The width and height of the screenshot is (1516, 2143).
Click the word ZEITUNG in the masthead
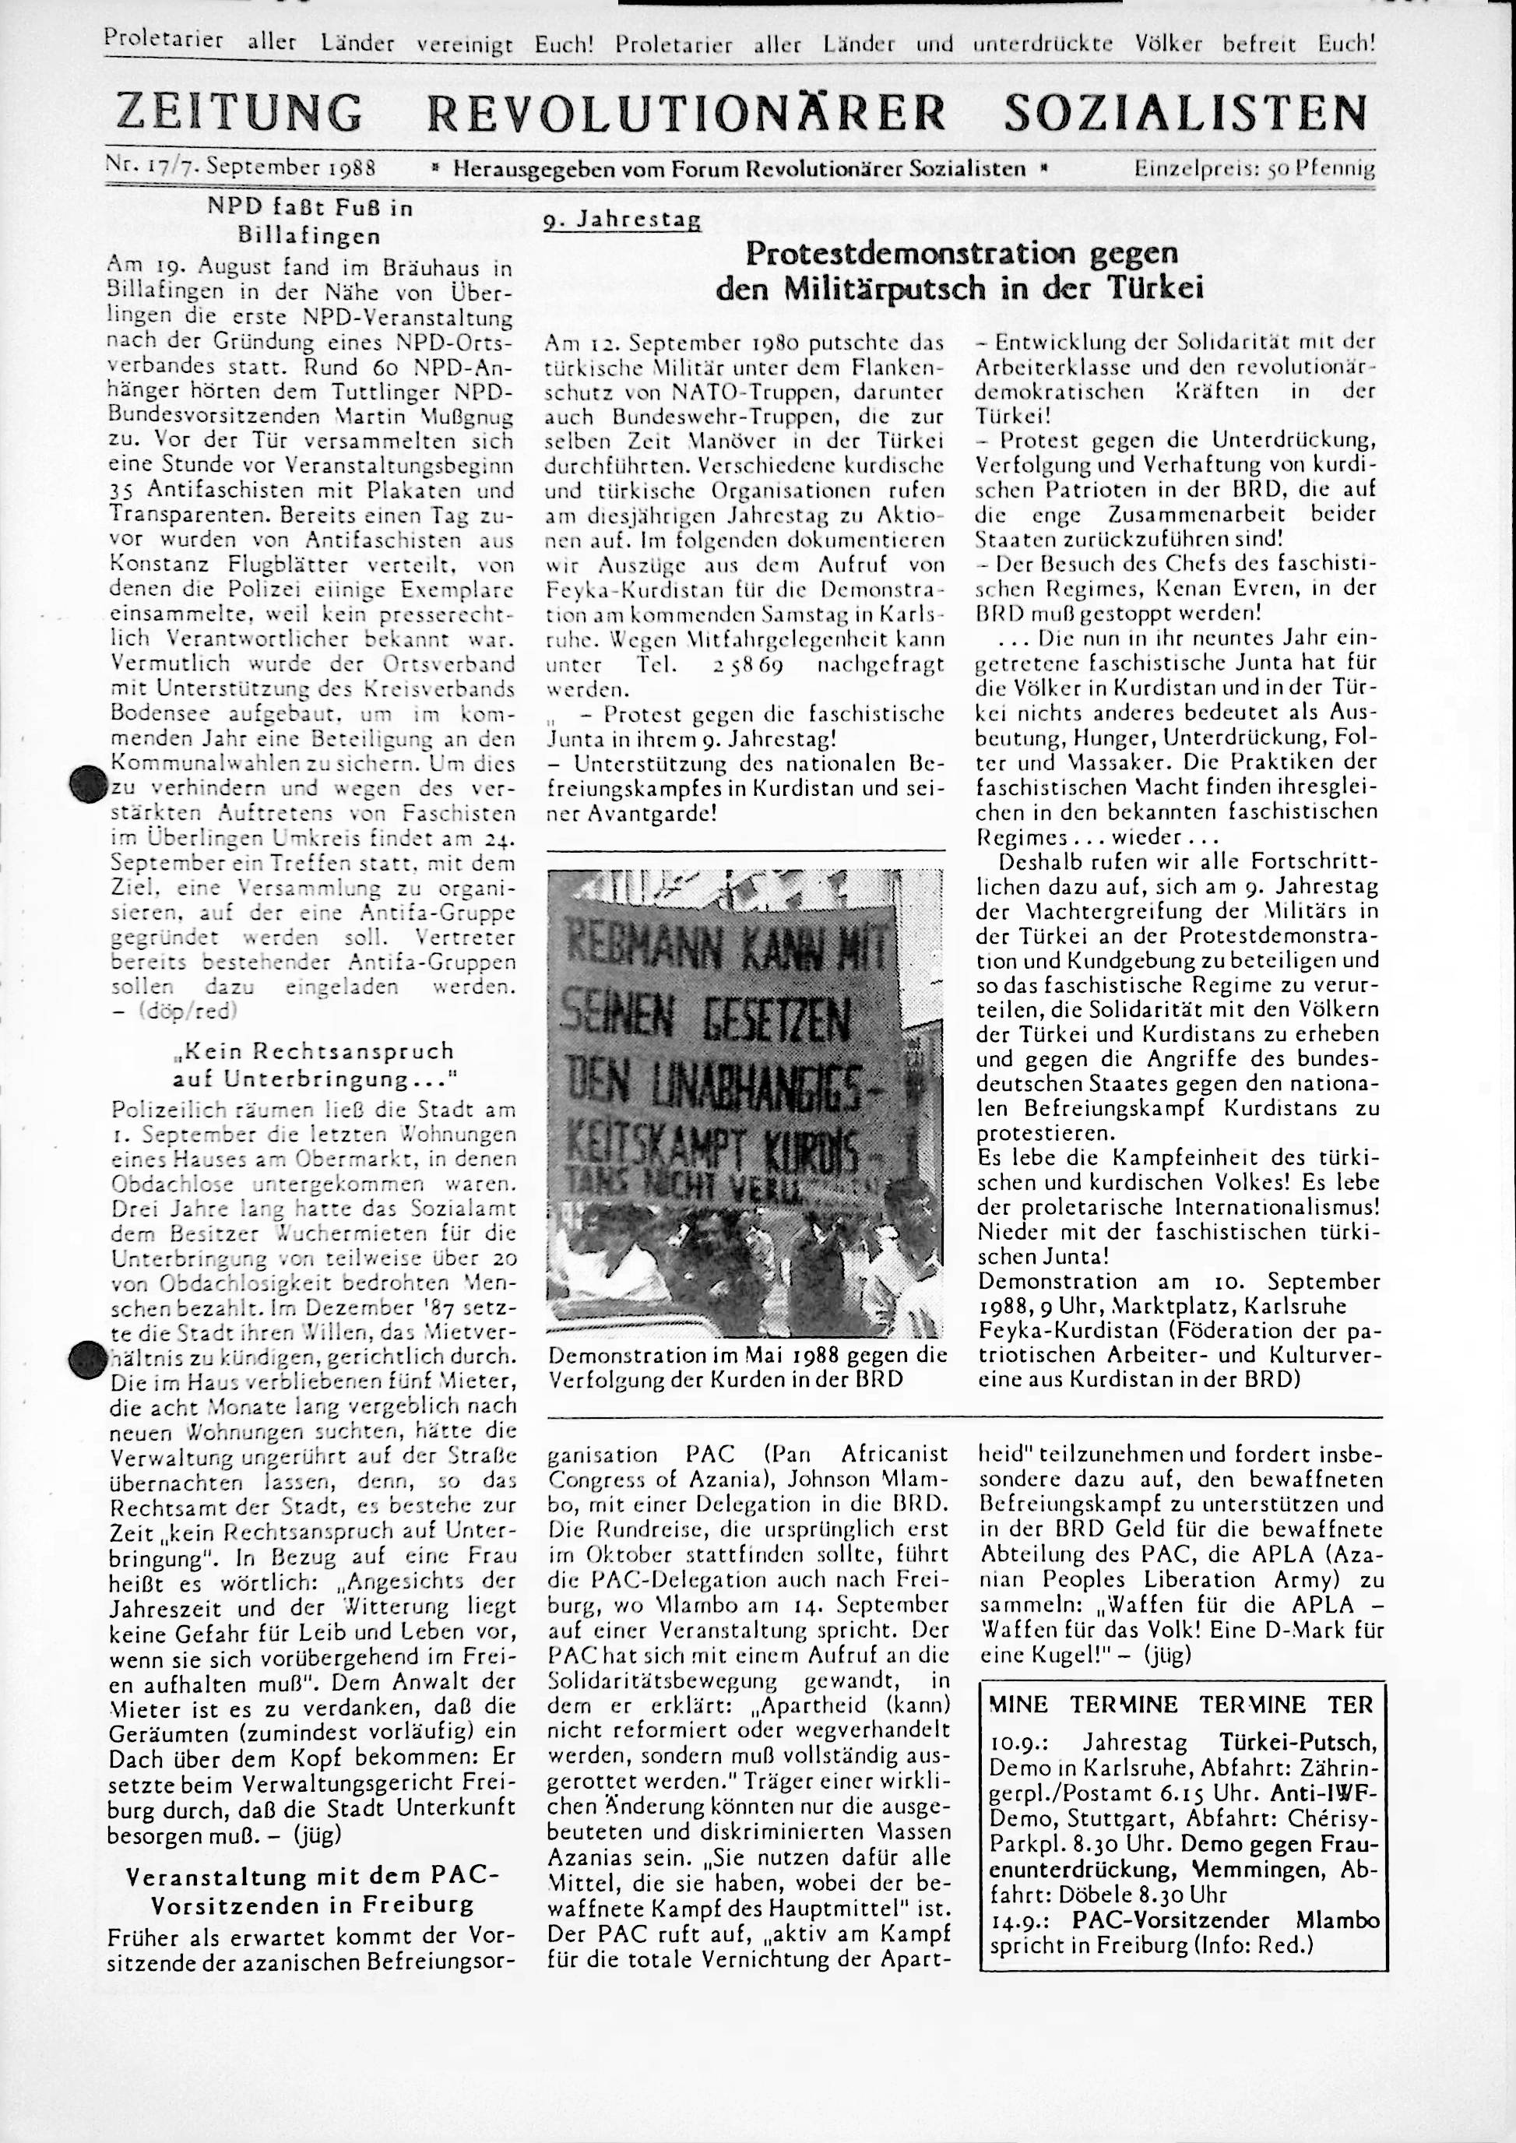[x=238, y=112]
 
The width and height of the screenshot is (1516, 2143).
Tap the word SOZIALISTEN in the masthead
[x=1186, y=112]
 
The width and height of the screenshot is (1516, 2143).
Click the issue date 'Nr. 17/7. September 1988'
[x=241, y=168]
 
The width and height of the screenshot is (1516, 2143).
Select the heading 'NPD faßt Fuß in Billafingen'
[x=310, y=220]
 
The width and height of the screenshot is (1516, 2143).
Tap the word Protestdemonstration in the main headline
[x=896, y=254]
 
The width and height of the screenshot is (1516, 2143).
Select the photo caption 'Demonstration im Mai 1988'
[x=747, y=1354]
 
